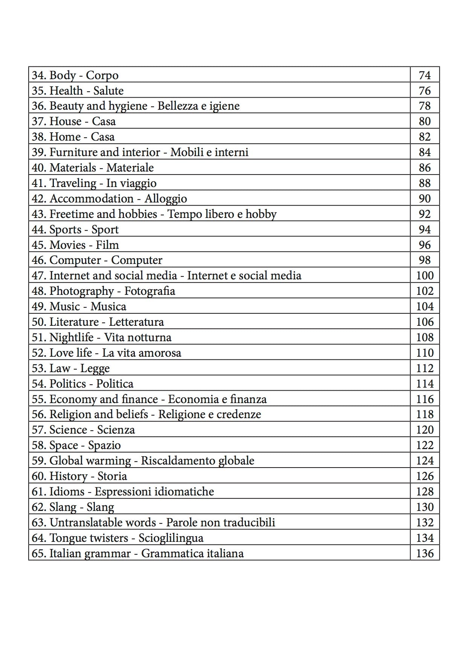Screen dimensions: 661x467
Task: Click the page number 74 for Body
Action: pyautogui.click(x=424, y=75)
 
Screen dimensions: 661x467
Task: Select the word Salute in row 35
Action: pyautogui.click(x=108, y=91)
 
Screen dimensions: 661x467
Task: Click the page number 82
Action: pyautogui.click(x=424, y=137)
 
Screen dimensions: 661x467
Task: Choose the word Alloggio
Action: pyautogui.click(x=166, y=199)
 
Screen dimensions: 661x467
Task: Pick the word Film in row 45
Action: pyautogui.click(x=107, y=245)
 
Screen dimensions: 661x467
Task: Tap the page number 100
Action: pyautogui.click(x=424, y=276)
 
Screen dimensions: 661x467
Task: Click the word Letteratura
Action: pyautogui.click(x=136, y=322)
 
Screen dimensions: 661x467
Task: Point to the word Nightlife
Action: pyautogui.click(x=71, y=337)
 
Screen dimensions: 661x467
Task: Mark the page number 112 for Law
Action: pyautogui.click(x=424, y=368)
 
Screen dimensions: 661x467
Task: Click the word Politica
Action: pyautogui.click(x=115, y=384)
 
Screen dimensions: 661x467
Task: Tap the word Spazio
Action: pyautogui.click(x=104, y=445)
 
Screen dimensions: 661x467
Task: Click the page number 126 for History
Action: pyautogui.click(x=424, y=476)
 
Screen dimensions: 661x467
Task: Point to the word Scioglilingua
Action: pyautogui.click(x=171, y=538)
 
